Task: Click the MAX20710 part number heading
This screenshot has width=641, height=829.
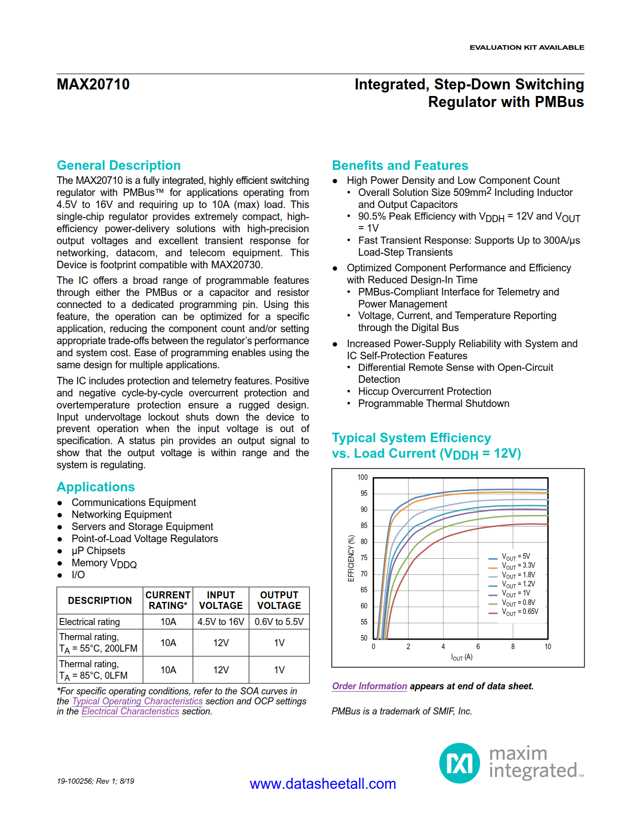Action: (93, 84)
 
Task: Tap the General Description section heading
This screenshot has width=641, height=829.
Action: (119, 165)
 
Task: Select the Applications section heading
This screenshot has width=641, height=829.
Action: (96, 487)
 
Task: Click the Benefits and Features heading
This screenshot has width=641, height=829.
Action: (400, 165)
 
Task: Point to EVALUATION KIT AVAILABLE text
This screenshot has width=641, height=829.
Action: (526, 47)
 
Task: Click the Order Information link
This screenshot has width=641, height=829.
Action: (370, 686)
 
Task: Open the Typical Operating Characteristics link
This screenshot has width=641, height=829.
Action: (137, 701)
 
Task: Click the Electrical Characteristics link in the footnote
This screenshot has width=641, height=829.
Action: (130, 711)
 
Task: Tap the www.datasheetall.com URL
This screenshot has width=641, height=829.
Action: (323, 784)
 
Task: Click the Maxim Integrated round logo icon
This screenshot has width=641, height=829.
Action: (460, 763)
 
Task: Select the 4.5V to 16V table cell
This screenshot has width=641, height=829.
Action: (221, 622)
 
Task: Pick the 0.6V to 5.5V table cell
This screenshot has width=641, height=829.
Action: (279, 622)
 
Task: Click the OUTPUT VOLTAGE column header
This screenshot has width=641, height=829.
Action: (279, 600)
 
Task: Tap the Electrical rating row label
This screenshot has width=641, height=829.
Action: (89, 622)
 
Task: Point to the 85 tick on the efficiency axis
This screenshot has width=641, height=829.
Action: (364, 526)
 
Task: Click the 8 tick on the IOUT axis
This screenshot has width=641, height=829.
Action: (513, 647)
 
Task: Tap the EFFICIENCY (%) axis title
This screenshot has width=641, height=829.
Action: (351, 558)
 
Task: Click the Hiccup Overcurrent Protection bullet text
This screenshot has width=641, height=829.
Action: (424, 391)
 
